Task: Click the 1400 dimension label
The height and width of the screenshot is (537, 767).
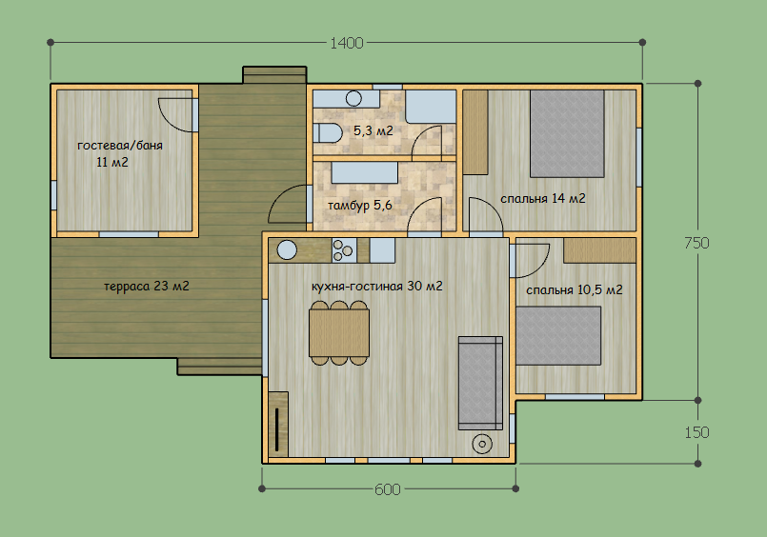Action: pyautogui.click(x=346, y=43)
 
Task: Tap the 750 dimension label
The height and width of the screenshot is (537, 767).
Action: pyautogui.click(x=696, y=243)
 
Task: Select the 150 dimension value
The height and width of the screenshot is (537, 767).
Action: pyautogui.click(x=696, y=432)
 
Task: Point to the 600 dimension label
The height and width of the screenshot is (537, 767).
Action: pyautogui.click(x=388, y=489)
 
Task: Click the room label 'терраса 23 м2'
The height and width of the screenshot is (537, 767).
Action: pyautogui.click(x=147, y=286)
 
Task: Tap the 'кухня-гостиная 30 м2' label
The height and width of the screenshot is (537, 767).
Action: pyautogui.click(x=377, y=286)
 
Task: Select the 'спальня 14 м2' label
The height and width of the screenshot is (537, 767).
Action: pyautogui.click(x=542, y=198)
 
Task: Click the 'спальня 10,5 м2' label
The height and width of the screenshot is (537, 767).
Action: pyautogui.click(x=575, y=289)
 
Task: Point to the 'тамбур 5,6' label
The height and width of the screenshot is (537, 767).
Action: pyautogui.click(x=360, y=206)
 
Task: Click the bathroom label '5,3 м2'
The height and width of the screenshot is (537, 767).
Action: pyautogui.click(x=373, y=131)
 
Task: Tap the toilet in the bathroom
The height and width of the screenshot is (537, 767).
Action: pyautogui.click(x=327, y=133)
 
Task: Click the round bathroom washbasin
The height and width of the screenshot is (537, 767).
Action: pyautogui.click(x=353, y=99)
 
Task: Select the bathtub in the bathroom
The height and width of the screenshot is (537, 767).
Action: pyautogui.click(x=431, y=107)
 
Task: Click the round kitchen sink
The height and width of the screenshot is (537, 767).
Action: pyautogui.click(x=287, y=250)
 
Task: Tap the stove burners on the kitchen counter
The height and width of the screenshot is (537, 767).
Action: pyautogui.click(x=342, y=250)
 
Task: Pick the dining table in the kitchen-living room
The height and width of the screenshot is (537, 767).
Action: pyautogui.click(x=339, y=332)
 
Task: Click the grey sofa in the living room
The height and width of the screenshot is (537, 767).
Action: pyautogui.click(x=480, y=383)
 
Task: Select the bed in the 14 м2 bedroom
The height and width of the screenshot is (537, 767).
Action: pyautogui.click(x=568, y=133)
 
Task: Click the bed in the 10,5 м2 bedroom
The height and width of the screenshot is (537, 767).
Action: pyautogui.click(x=558, y=336)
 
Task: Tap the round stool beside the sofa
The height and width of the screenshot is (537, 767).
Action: pyautogui.click(x=482, y=444)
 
